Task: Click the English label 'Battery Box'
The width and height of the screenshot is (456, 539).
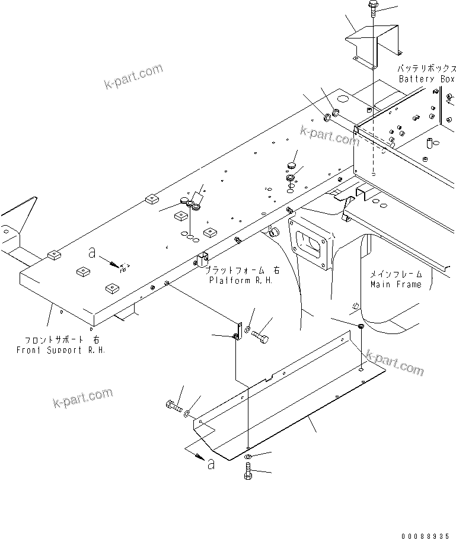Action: tap(426, 79)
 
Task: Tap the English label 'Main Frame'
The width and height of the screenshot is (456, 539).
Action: tap(396, 284)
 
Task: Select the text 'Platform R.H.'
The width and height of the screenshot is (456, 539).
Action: tap(241, 280)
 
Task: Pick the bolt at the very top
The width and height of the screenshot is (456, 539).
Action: tap(372, 8)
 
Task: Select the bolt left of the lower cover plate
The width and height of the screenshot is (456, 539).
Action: tap(170, 406)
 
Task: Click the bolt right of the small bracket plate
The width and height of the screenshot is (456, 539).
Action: tap(261, 337)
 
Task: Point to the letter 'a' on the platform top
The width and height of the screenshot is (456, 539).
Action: tap(91, 253)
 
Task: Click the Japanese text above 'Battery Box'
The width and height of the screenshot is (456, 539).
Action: tap(425, 69)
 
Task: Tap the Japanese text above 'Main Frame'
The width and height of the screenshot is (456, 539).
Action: tap(396, 274)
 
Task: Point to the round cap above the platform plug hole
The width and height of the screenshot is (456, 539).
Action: tap(292, 164)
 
